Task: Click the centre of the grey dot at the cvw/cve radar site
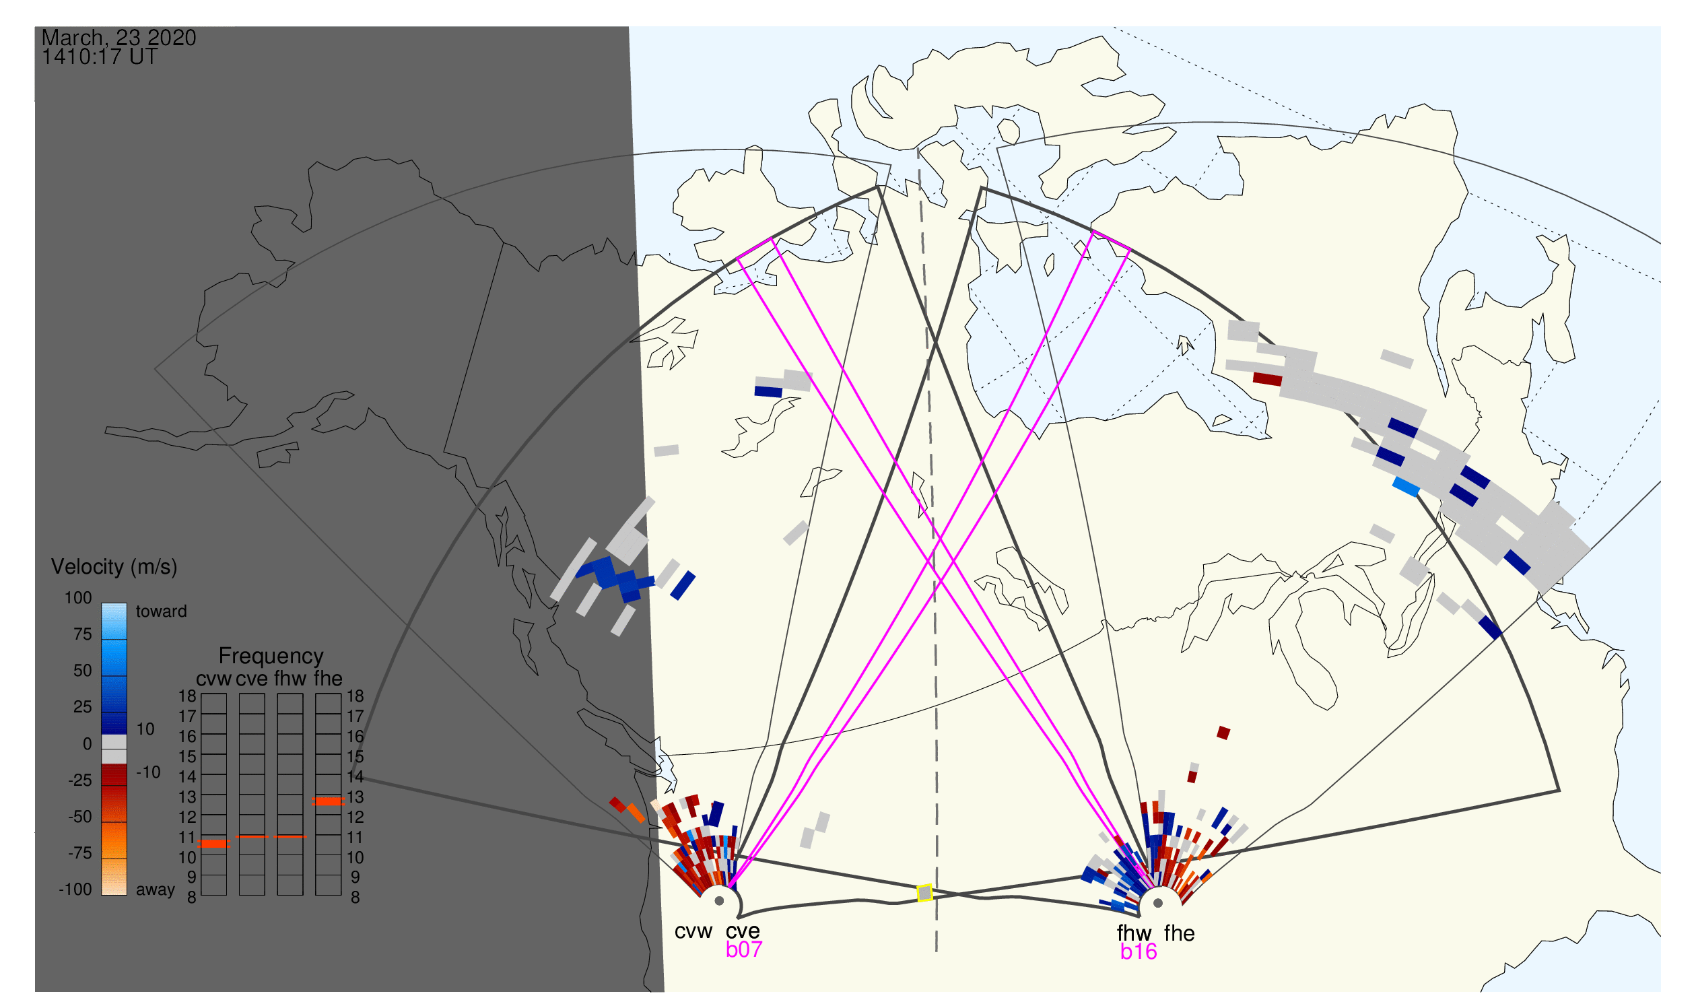719,901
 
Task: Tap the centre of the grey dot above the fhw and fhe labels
1159,903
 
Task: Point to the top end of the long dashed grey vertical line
918,149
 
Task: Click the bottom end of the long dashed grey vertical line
937,951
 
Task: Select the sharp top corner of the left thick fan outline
878,187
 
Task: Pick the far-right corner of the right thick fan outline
1560,791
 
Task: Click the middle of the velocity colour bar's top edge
114,603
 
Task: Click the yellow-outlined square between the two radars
924,893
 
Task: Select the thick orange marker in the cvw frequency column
213,844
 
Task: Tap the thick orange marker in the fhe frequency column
328,801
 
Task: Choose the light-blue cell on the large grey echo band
1406,487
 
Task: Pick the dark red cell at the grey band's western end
1268,379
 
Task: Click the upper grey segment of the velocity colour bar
114,741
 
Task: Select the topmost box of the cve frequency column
252,704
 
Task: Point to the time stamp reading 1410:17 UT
100,57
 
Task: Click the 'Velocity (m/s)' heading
114,567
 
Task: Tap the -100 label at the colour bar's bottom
75,890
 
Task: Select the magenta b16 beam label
1139,951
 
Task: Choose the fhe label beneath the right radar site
1180,933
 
